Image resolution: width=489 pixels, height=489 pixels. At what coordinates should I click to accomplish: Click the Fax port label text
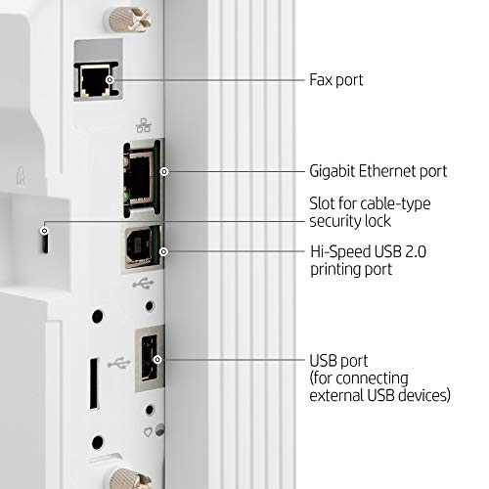(x=336, y=80)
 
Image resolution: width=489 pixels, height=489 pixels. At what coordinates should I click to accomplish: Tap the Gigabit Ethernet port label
(x=378, y=171)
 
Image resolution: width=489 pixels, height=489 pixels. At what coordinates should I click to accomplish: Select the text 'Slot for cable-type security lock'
(x=370, y=212)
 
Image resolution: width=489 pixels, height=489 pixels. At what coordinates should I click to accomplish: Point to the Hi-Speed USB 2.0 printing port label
(x=368, y=260)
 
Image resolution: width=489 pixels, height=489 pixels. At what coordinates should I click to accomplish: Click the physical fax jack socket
(x=96, y=80)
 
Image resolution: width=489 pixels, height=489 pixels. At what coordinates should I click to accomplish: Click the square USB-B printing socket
(x=141, y=247)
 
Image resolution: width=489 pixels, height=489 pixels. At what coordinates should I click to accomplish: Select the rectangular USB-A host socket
(x=150, y=358)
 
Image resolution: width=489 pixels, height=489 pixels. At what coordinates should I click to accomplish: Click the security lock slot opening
(x=45, y=241)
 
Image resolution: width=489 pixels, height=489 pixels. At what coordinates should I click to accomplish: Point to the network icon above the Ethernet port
(x=144, y=125)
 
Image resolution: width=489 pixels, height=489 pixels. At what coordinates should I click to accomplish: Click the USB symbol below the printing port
(x=143, y=284)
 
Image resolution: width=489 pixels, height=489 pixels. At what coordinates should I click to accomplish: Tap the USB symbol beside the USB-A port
(x=119, y=363)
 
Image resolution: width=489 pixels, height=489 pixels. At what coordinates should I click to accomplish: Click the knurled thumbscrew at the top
(x=126, y=18)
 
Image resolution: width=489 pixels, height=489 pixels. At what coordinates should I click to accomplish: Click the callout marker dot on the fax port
(x=111, y=79)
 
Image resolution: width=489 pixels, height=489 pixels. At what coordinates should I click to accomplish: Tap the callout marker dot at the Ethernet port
(x=164, y=171)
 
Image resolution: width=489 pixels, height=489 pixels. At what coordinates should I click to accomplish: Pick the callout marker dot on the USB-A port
(x=157, y=359)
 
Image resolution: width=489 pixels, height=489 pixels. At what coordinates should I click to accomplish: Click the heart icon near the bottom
(x=148, y=432)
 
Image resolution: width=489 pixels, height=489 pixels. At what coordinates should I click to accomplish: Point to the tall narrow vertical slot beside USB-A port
(x=94, y=383)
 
